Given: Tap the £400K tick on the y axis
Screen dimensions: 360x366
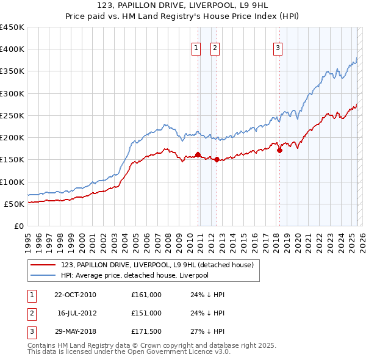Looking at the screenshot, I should (12, 49).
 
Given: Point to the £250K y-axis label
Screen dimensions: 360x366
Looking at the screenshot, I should (12, 115).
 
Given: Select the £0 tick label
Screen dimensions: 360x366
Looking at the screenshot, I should (18, 226).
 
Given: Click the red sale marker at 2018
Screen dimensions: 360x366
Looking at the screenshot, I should (280, 150).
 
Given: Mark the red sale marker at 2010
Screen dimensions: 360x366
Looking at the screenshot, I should (198, 155).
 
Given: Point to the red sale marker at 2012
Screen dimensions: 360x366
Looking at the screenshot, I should (217, 159).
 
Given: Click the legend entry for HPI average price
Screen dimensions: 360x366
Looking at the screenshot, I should (134, 275).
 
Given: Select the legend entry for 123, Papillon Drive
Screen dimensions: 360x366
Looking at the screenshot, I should (161, 265).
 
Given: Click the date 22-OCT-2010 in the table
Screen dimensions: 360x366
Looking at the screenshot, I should (75, 295).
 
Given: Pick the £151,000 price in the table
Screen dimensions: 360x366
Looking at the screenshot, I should (146, 313).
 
